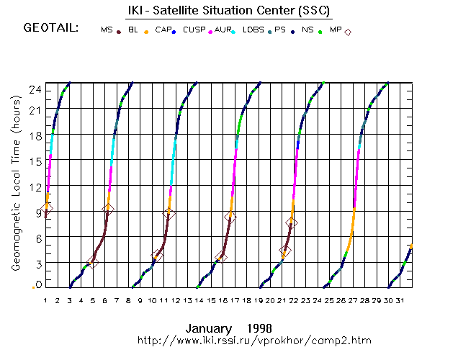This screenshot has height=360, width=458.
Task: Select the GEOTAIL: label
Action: coord(51,29)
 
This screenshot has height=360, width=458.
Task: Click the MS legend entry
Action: coord(107,30)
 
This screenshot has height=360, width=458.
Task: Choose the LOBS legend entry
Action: coord(253,30)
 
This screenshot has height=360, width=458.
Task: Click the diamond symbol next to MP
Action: coord(348,32)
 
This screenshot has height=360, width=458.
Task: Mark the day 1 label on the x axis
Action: coord(45,300)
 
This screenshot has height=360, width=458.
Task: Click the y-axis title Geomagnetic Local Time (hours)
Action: coord(15,186)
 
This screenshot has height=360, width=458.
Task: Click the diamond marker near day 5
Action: coord(92,262)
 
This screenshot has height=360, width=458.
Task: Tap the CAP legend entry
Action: coord(163,30)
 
